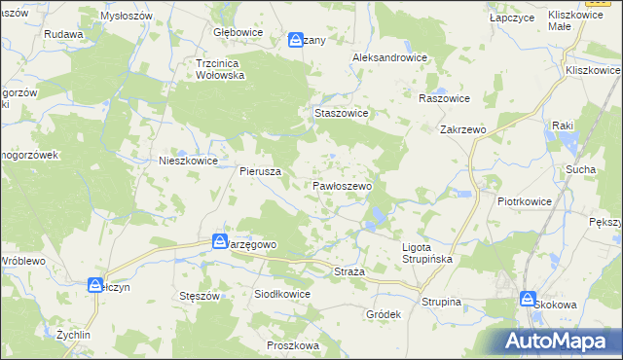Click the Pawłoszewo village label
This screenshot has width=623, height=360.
click(x=342, y=185)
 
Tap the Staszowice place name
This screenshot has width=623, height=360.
click(x=341, y=113)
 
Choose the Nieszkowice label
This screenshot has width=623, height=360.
click(x=188, y=162)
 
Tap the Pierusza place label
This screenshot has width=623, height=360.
click(x=261, y=170)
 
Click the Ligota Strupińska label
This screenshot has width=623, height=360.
click(x=429, y=253)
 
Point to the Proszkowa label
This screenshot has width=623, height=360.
click(x=293, y=345)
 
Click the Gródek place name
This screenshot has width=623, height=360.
click(x=384, y=315)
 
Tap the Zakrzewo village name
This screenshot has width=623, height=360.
click(x=462, y=128)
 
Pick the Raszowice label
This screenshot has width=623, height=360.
click(x=444, y=99)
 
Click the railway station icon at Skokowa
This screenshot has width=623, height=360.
click(x=529, y=300)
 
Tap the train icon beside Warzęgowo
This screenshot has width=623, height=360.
click(x=221, y=240)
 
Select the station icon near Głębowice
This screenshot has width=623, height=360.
click(x=297, y=40)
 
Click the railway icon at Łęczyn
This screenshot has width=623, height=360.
click(x=95, y=285)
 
